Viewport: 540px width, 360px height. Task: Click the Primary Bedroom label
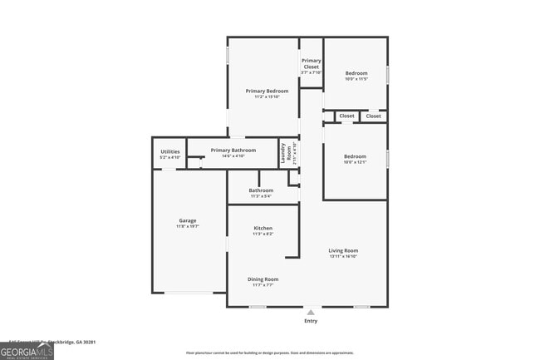point(267,91)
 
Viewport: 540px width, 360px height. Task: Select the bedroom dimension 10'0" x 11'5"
point(356,79)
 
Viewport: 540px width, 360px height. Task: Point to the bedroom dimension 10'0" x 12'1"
point(355,162)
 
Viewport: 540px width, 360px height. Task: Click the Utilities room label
point(169,151)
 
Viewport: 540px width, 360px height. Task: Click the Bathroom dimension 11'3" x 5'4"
point(261,196)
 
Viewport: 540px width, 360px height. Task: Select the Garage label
point(187,220)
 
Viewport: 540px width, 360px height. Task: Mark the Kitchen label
point(263,228)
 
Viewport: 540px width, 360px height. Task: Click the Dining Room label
point(263,279)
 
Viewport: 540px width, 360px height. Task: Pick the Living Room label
point(343,250)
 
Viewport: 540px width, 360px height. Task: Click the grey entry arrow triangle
point(311,313)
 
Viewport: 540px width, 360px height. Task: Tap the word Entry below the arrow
point(311,321)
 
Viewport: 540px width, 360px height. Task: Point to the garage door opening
point(189,293)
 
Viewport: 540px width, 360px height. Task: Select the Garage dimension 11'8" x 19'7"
point(187,226)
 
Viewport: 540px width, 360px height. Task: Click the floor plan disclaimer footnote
point(269,353)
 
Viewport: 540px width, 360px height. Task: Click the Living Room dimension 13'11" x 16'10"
point(343,256)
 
